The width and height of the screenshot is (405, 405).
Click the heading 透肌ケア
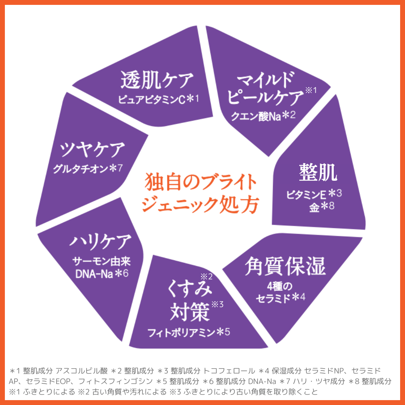pos(157,80)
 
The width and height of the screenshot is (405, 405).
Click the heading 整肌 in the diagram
pos(318,173)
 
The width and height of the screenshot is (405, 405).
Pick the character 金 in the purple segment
pos(314,207)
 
